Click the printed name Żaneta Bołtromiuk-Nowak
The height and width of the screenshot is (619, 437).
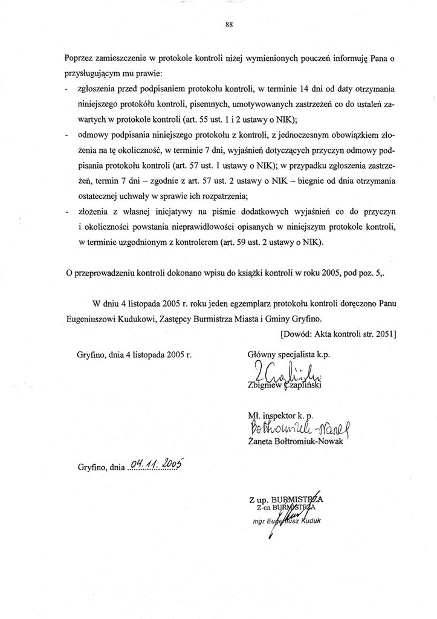tap(295, 442)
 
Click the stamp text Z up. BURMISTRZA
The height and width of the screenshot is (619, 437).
tap(286, 499)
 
